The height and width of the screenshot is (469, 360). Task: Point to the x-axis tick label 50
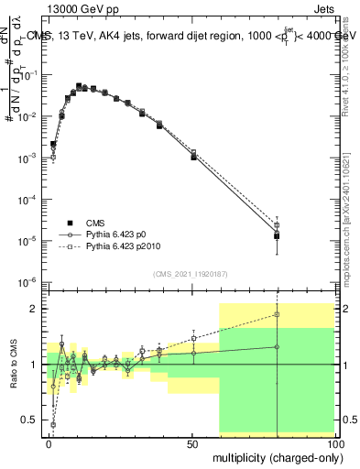(192, 443)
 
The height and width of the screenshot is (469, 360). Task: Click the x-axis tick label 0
(49, 443)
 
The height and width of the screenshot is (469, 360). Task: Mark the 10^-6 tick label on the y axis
(27, 282)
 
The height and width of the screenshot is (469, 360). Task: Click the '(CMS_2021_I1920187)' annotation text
(190, 273)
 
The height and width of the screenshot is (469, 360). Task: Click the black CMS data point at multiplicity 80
(277, 236)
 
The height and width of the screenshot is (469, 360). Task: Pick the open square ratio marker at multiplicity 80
(277, 314)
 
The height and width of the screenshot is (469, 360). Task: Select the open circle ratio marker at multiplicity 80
(277, 346)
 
